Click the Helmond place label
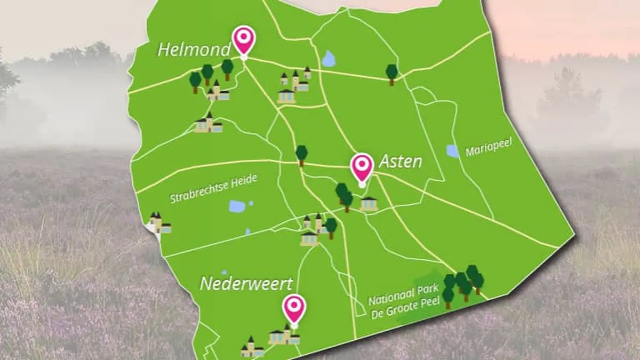pyautogui.click(x=194, y=50)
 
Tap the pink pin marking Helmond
pyautogui.click(x=244, y=39)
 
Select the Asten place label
pyautogui.click(x=400, y=162)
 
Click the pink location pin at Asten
pyautogui.click(x=362, y=167)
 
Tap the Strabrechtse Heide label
pyautogui.click(x=214, y=190)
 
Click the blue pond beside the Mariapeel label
pyautogui.click(x=453, y=151)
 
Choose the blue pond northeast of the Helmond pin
pyautogui.click(x=329, y=59)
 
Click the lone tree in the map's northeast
pyautogui.click(x=392, y=74)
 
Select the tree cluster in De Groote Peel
pyautogui.click(x=462, y=284)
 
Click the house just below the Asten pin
pyautogui.click(x=369, y=204)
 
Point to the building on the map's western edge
pyautogui.click(x=159, y=224)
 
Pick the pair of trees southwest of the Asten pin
pyautogui.click(x=344, y=196)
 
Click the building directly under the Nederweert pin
pyautogui.click(x=283, y=335)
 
